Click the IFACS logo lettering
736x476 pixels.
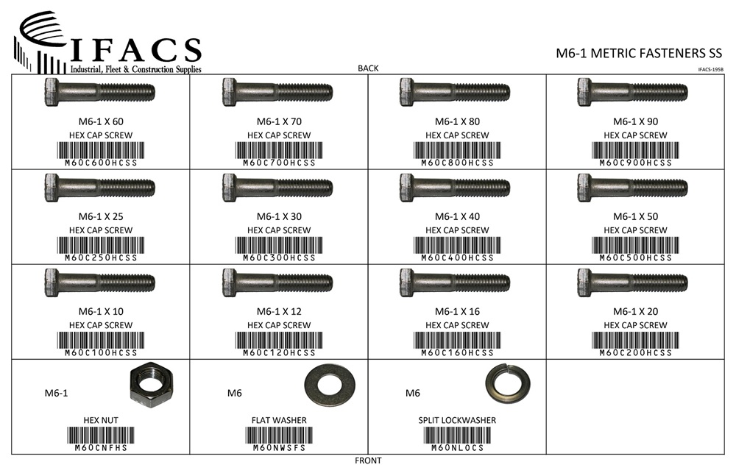tap(135, 50)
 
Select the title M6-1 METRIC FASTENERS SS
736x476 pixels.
tap(639, 53)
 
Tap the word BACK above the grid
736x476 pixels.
tap(368, 68)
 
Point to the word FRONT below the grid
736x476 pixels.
tap(368, 461)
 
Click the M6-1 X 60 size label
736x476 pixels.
tap(101, 121)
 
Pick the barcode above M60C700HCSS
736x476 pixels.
tap(279, 150)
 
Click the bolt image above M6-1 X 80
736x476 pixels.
tap(455, 91)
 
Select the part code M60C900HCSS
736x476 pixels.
tap(636, 163)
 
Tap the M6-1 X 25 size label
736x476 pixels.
tap(101, 216)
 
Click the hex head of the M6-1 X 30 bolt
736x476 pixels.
tap(229, 188)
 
